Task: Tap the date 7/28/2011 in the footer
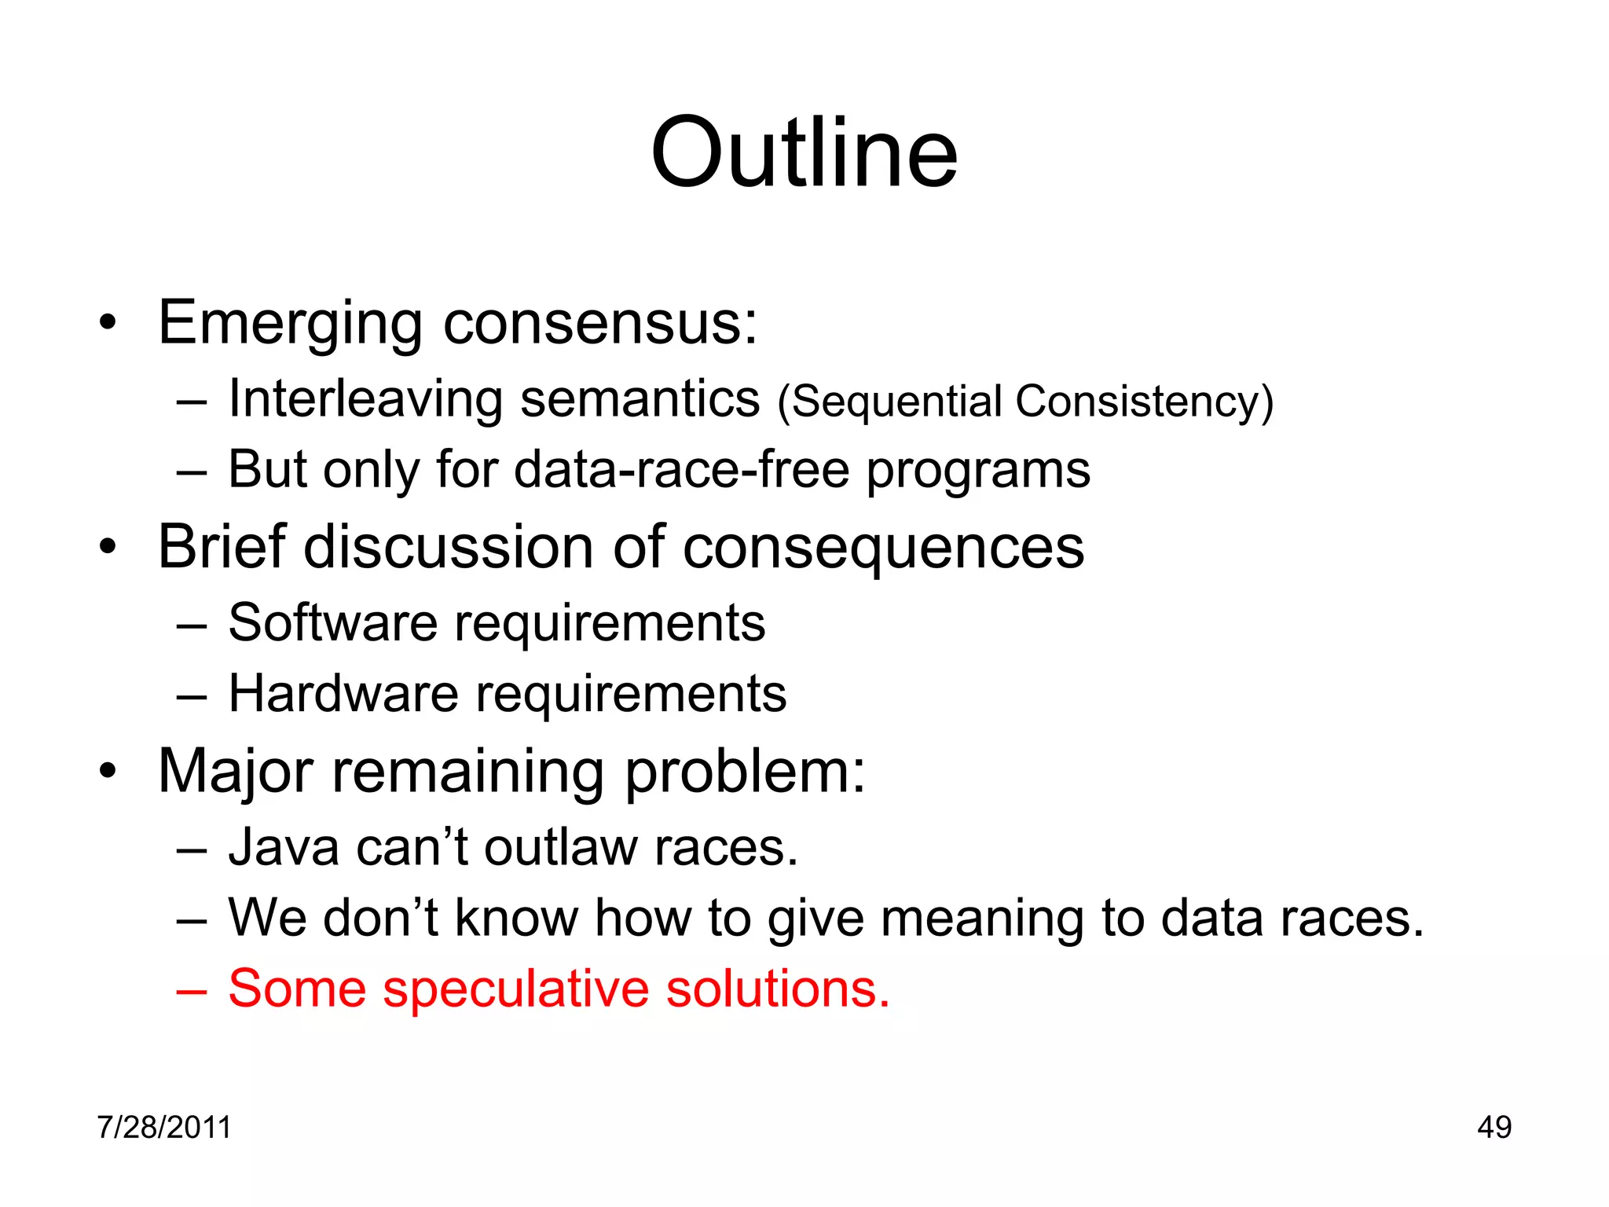coord(164,1127)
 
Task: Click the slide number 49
coord(1494,1127)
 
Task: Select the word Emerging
coord(291,324)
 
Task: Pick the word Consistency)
coord(1144,402)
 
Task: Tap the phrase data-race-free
coord(681,469)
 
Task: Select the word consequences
coord(883,548)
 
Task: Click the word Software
coord(332,622)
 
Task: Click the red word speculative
coord(515,989)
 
